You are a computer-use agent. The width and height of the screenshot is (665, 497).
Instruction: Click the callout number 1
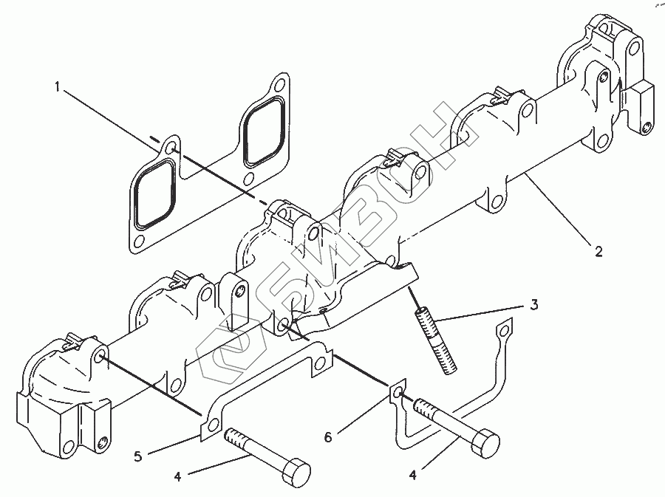pyautogui.click(x=57, y=87)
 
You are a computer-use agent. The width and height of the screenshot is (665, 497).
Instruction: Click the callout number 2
pyautogui.click(x=598, y=252)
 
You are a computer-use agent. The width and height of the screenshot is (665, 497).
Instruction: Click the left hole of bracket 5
pyautogui.click(x=214, y=425)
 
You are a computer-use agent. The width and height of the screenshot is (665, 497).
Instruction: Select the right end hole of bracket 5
pyautogui.click(x=321, y=363)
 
